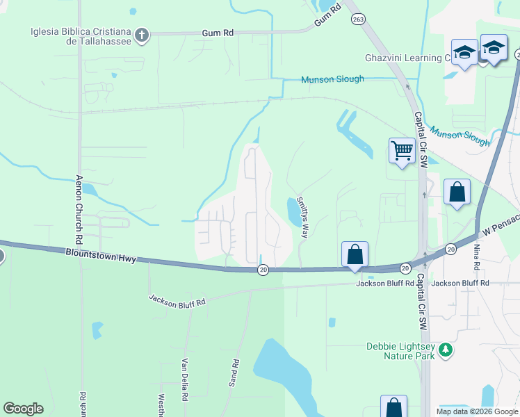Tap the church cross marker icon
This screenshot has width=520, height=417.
tap(142, 35)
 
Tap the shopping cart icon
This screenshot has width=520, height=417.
tap(402, 149)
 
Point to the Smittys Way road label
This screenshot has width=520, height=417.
tap(302, 216)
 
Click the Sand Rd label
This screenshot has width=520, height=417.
tap(235, 373)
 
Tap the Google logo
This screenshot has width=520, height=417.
tap(23, 409)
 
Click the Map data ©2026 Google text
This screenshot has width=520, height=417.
tap(477, 411)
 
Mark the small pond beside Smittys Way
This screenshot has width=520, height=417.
tap(291, 208)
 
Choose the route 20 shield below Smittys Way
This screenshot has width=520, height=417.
tap(263, 269)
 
